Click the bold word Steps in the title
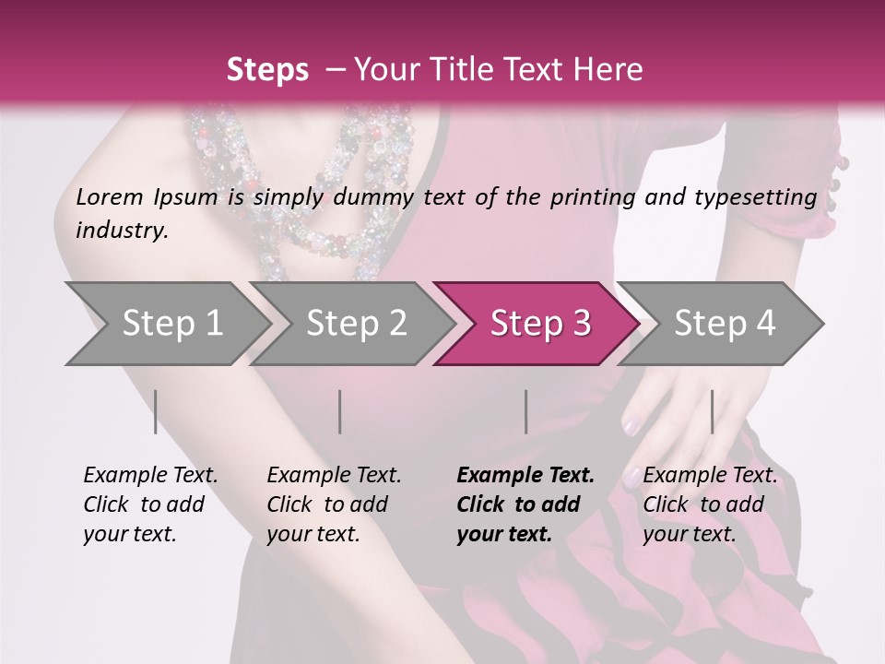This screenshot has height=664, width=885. point(267,70)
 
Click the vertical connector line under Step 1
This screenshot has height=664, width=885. point(156,411)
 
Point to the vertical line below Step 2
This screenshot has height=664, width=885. point(340,411)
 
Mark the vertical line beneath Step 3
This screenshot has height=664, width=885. point(525,411)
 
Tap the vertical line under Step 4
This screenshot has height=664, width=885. point(712,411)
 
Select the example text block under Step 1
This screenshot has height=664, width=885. point(150,504)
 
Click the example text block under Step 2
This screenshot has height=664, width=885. point(334,504)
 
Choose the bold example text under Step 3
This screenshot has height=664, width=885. point(525,504)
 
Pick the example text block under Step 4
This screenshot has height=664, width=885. point(710,504)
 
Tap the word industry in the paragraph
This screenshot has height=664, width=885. point(121,231)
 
